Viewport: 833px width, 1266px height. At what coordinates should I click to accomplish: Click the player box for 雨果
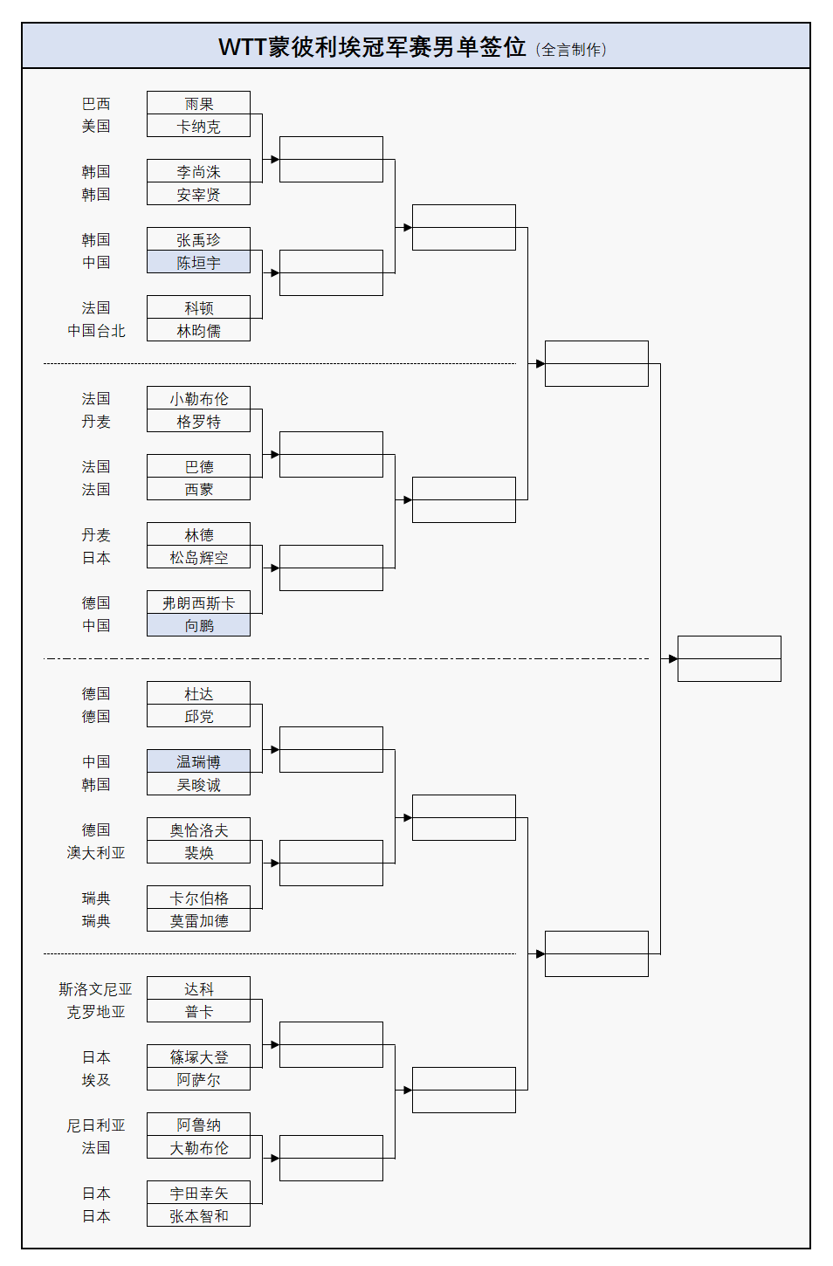pyautogui.click(x=198, y=103)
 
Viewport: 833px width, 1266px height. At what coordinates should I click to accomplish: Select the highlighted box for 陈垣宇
pyautogui.click(x=198, y=262)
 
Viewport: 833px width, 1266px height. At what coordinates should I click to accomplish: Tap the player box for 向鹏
pyautogui.click(x=198, y=625)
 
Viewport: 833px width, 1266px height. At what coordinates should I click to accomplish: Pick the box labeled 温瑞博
pyautogui.click(x=198, y=761)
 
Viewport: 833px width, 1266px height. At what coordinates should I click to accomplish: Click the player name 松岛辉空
pyautogui.click(x=198, y=557)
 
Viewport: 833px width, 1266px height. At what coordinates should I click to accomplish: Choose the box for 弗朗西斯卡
pyautogui.click(x=198, y=602)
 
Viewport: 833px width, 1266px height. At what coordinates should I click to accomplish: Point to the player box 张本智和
pyautogui.click(x=198, y=1215)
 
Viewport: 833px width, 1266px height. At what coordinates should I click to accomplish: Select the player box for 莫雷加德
pyautogui.click(x=198, y=920)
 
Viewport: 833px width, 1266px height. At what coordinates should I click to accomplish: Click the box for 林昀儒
pyautogui.click(x=198, y=330)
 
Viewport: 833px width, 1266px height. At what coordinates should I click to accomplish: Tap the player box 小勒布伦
pyautogui.click(x=198, y=398)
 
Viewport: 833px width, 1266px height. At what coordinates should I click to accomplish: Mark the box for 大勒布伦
pyautogui.click(x=198, y=1147)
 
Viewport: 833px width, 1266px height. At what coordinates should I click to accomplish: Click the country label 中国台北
pyautogui.click(x=96, y=330)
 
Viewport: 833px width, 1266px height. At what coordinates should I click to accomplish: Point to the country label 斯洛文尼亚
pyautogui.click(x=95, y=988)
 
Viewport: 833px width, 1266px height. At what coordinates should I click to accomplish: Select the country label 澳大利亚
pyautogui.click(x=96, y=852)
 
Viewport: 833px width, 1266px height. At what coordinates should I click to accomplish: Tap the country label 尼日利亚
pyautogui.click(x=96, y=1125)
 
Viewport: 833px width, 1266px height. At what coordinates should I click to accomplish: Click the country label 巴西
pyautogui.click(x=96, y=103)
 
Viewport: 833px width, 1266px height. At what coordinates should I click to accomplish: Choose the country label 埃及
pyautogui.click(x=96, y=1079)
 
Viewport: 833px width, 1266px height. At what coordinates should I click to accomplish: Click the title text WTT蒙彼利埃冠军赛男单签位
pyautogui.click(x=372, y=46)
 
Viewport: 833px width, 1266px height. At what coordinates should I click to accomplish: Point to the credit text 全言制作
pyautogui.click(x=572, y=50)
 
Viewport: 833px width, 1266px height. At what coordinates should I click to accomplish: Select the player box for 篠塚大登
pyautogui.click(x=198, y=1056)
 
